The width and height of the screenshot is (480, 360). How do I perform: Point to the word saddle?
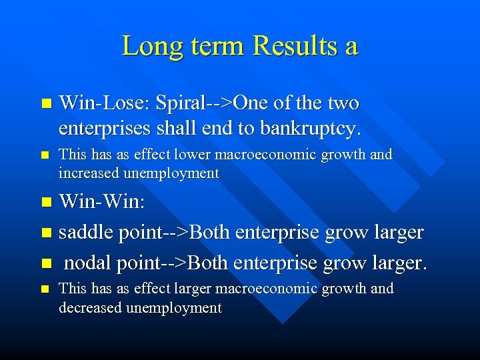click(85, 232)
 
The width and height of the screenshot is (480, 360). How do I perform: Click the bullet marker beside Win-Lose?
click(45, 104)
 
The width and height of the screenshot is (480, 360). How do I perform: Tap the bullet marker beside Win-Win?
click(45, 201)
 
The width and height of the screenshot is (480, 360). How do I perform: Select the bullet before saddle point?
click(45, 233)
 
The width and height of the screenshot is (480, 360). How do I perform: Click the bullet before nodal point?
click(45, 263)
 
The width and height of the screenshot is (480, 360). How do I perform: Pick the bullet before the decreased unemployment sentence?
click(45, 289)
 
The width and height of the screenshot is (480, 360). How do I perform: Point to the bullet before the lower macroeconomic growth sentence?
click(45, 155)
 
